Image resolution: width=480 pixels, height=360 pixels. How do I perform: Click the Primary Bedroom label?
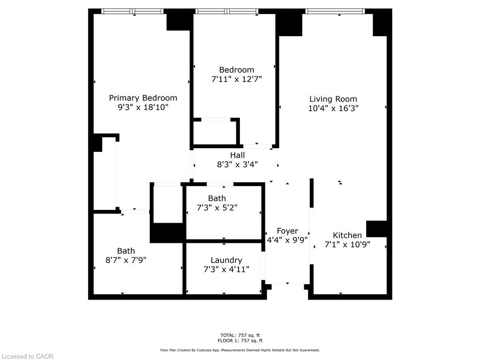(x=143, y=98)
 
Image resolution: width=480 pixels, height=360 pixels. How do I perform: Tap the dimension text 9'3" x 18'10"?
(x=143, y=107)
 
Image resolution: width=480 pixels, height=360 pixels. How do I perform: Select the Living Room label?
(x=333, y=99)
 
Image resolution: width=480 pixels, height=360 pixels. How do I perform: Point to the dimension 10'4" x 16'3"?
(x=333, y=108)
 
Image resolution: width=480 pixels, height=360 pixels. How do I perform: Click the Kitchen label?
(x=347, y=235)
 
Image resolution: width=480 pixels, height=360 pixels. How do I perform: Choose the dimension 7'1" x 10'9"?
(x=347, y=244)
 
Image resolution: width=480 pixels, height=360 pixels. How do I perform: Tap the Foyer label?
(x=287, y=231)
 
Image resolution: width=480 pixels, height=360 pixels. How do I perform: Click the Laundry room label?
(x=226, y=260)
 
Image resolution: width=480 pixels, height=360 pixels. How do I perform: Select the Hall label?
(x=237, y=155)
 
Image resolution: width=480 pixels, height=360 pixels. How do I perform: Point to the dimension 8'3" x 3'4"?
(x=237, y=165)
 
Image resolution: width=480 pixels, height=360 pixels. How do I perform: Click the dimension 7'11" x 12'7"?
(x=236, y=79)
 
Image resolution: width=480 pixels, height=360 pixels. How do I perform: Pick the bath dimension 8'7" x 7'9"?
(x=126, y=260)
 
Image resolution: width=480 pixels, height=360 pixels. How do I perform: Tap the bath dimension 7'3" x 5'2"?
(x=217, y=208)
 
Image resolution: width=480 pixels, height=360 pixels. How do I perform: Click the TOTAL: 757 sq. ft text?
(x=240, y=335)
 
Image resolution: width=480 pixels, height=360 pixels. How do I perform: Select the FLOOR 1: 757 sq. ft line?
(x=240, y=341)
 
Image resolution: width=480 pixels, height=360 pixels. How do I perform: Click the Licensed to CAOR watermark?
(x=28, y=356)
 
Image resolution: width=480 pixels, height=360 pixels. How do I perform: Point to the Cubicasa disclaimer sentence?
(x=240, y=350)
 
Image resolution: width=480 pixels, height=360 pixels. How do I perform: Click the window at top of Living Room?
(x=334, y=11)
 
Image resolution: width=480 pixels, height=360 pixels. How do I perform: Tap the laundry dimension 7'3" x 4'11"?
(x=226, y=269)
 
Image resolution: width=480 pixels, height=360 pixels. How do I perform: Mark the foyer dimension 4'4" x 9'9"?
(x=287, y=240)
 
